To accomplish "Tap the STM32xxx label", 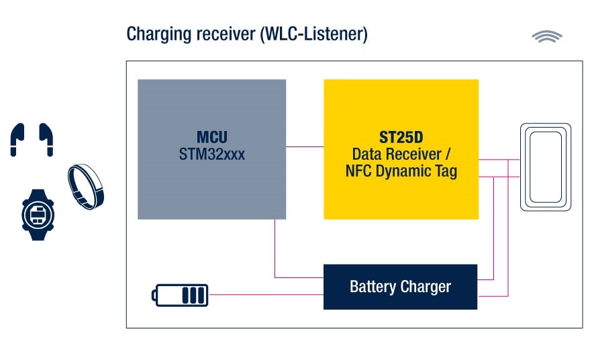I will point(211,154).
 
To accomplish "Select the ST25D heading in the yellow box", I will point(401,138).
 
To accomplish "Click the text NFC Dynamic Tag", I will point(401,171).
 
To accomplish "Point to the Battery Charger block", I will point(400,287).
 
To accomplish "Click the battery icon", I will point(180,295).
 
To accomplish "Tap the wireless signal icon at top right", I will point(547,37).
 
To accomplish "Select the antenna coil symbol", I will point(546,167).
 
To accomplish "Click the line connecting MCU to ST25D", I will point(305,147).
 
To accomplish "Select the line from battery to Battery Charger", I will point(265,295).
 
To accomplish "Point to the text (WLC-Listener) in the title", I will point(313,34).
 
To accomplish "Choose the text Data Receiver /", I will point(401,154).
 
